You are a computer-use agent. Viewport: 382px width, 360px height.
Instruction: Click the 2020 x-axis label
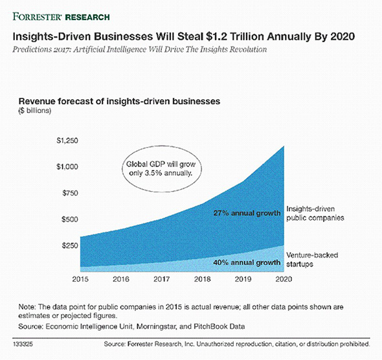pyautogui.click(x=282, y=279)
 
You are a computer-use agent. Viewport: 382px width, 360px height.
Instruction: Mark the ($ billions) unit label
pyautogui.click(x=38, y=111)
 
